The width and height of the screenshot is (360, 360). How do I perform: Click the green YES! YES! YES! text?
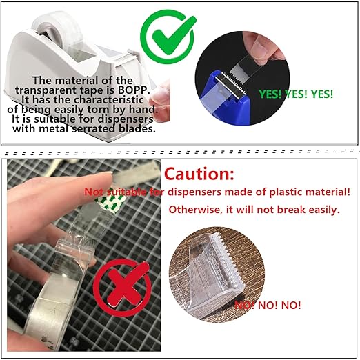pyautogui.click(x=295, y=92)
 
